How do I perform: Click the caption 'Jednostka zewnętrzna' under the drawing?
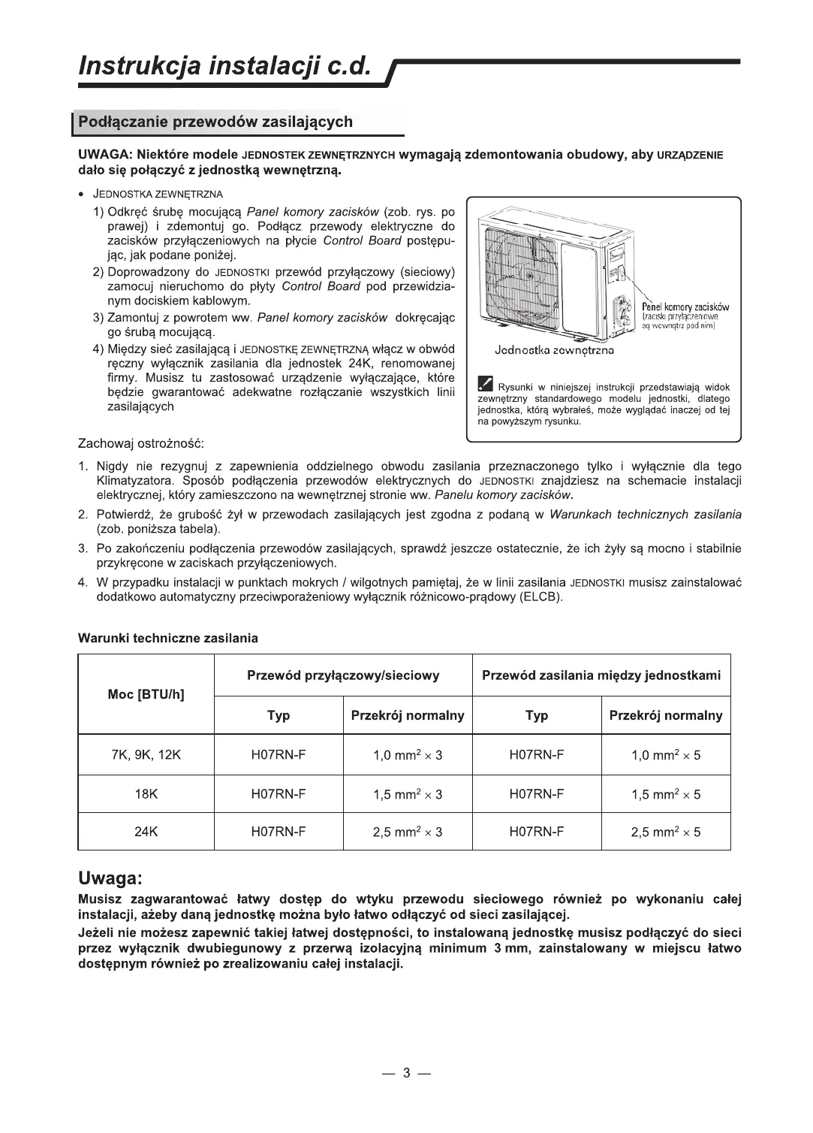pos(554,350)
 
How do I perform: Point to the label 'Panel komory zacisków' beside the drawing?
pos(685,307)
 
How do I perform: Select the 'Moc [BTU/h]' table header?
pos(146,694)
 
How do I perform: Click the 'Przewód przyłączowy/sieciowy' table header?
pos(343,675)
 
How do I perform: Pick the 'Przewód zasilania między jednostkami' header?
pos(601,675)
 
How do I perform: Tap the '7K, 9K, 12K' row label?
pos(146,755)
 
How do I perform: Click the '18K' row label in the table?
pos(146,794)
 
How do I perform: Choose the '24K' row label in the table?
pos(146,832)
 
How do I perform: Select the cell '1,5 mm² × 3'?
pos(408,794)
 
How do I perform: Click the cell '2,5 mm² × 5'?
pos(666,832)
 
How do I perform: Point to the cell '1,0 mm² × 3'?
pos(408,755)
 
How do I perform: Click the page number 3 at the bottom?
pos(406,1073)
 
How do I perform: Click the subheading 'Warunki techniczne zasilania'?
pos(168,639)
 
